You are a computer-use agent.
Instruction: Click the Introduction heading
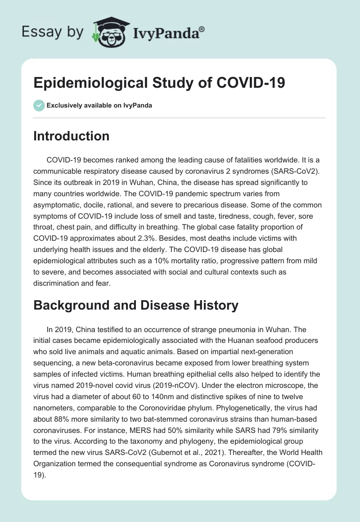pyautogui.click(x=71, y=136)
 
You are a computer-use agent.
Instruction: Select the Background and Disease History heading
pyautogui.click(x=135, y=306)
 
